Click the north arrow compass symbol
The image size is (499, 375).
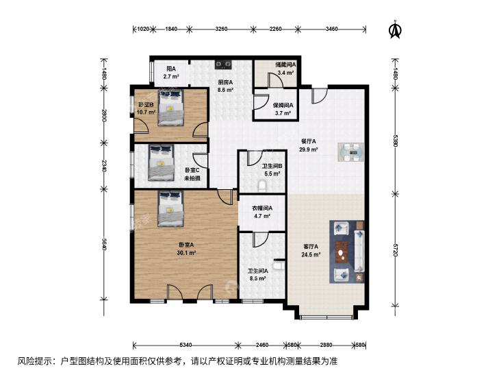tap(396, 29)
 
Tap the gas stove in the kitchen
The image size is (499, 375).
tap(223, 64)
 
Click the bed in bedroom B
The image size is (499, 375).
tap(170, 108)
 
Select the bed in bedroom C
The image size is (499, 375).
tap(162, 162)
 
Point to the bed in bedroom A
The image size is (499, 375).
tap(170, 208)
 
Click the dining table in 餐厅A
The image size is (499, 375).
tap(351, 153)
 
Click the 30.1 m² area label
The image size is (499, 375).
tap(186, 253)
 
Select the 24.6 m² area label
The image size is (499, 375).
tap(311, 254)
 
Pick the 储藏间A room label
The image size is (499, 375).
tap(285, 64)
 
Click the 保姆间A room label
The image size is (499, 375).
tap(283, 105)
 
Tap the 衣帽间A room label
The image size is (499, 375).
tap(262, 208)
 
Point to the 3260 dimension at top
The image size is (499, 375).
tap(221, 29)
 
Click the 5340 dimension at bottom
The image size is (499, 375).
tap(185, 345)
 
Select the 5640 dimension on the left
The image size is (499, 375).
tap(103, 245)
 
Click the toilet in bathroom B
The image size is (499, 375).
tap(261, 186)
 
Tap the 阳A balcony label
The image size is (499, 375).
tap(171, 69)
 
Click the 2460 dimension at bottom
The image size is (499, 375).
tap(262, 345)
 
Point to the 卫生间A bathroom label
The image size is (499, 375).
tap(258, 271)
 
